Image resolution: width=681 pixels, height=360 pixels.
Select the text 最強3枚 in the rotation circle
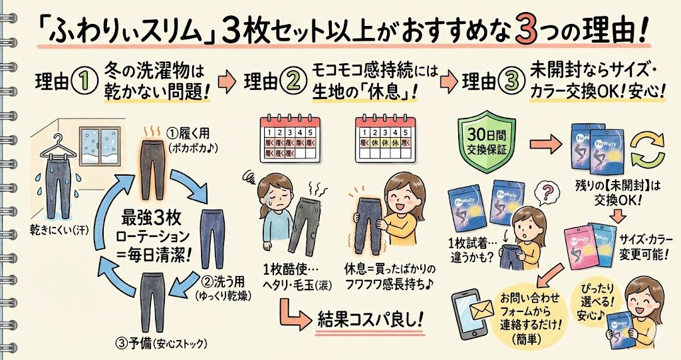click(147, 218)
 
